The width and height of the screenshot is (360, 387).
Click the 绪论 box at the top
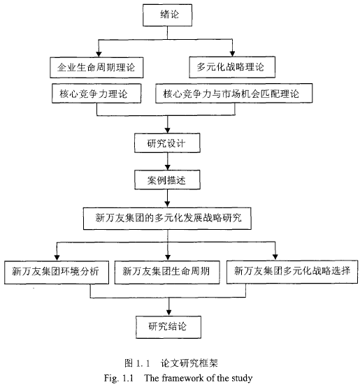167,15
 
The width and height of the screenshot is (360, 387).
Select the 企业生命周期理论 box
96,68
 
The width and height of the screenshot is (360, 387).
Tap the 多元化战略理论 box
232,67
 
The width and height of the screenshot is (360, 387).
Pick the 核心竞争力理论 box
96,94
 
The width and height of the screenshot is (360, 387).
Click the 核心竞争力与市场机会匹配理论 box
234,93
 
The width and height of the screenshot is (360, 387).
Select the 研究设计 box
167,143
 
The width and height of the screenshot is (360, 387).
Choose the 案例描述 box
167,180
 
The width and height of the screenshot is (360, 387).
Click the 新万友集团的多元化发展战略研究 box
167,219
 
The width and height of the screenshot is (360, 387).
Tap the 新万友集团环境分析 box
57,272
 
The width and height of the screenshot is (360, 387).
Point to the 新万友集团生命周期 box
167,272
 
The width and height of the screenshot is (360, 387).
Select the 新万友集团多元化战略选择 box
292,272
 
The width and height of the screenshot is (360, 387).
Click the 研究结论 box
168,327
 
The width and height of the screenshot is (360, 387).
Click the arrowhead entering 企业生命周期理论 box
99,54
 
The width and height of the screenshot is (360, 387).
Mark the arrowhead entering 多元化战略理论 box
232,54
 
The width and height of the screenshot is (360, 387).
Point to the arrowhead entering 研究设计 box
167,131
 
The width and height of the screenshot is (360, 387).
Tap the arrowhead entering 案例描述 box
167,167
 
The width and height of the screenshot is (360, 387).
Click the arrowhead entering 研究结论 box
168,313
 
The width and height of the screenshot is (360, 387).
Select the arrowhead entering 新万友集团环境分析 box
57,258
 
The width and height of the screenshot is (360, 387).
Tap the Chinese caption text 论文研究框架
189,363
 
